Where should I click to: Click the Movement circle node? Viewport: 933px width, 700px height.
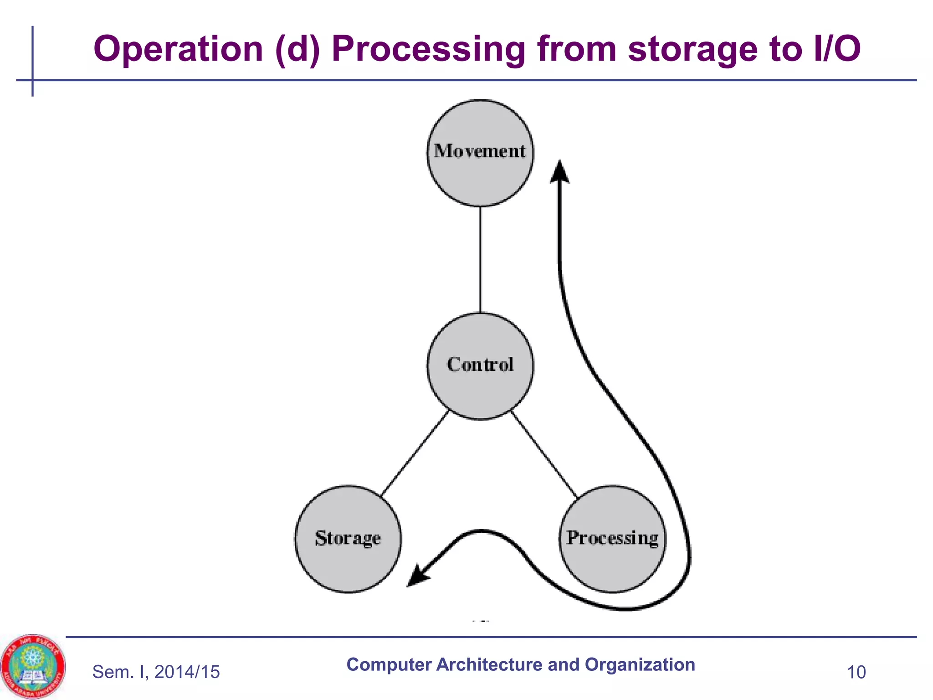[x=480, y=153]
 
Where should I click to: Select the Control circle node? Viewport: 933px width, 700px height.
[x=480, y=366]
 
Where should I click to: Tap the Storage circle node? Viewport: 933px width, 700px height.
[x=348, y=539]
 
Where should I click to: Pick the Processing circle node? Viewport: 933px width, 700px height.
[x=612, y=539]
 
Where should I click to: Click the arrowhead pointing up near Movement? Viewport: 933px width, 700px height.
[x=560, y=172]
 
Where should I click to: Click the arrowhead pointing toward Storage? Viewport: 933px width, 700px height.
[x=417, y=577]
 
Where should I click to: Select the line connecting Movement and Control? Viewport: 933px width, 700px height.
[x=480, y=260]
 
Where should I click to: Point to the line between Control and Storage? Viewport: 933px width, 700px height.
[x=415, y=453]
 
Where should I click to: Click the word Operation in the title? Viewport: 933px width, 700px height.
[x=178, y=49]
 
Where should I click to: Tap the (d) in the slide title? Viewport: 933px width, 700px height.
[x=297, y=49]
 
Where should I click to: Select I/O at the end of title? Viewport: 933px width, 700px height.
[x=836, y=49]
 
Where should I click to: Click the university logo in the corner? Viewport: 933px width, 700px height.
[x=33, y=667]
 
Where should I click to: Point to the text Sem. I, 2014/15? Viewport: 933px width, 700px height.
[x=156, y=672]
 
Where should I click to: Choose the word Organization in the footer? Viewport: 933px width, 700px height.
[x=640, y=664]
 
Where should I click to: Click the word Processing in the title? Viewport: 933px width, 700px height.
[x=428, y=49]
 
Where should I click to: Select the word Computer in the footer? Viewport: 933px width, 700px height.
[x=389, y=664]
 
